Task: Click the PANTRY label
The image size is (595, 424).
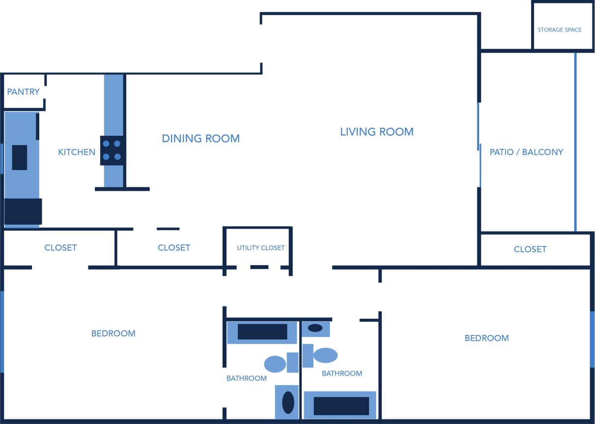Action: (23, 92)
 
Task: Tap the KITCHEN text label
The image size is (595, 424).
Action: (77, 152)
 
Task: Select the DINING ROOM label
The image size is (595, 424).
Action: (200, 139)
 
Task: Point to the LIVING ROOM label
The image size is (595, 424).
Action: (376, 132)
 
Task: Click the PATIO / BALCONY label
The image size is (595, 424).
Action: (526, 152)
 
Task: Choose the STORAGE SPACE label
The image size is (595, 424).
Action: (559, 30)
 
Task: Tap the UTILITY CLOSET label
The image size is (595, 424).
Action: (260, 248)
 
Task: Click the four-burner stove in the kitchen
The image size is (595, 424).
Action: (112, 151)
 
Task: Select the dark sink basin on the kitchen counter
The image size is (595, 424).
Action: (20, 157)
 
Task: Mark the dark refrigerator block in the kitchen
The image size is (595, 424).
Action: (23, 212)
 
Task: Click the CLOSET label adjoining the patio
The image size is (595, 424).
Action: (530, 249)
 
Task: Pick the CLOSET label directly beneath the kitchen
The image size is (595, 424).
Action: (60, 247)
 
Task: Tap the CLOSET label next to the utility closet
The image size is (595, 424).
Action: (173, 247)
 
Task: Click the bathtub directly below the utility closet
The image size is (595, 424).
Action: (262, 332)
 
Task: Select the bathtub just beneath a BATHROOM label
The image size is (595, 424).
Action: (341, 406)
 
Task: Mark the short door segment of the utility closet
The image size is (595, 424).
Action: (259, 267)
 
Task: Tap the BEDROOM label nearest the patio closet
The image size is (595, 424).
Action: (486, 338)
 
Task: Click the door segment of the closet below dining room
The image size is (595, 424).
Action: (168, 229)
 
